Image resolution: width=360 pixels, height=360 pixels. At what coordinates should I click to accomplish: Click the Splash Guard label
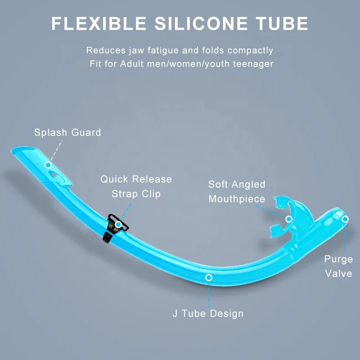(67, 133)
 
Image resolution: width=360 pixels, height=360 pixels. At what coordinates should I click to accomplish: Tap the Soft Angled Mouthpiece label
(237, 192)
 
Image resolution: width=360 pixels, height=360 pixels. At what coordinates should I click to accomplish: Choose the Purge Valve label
(338, 266)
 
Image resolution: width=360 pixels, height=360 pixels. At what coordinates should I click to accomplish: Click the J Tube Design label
(208, 314)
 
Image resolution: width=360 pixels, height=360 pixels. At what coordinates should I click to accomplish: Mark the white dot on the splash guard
(48, 165)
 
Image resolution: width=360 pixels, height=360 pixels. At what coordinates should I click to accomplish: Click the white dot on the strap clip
(118, 224)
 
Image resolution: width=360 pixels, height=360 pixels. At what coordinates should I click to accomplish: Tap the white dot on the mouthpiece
(289, 219)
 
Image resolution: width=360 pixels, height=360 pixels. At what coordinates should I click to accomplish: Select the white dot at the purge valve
(345, 219)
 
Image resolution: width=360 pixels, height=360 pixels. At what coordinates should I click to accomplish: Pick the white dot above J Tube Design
(209, 277)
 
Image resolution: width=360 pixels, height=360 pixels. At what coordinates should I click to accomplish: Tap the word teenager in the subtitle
(253, 63)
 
